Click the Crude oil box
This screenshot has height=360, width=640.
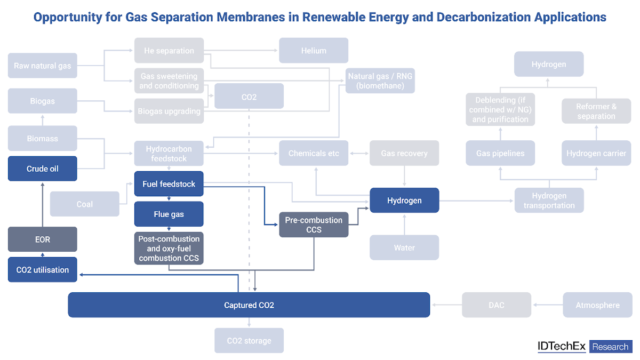tap(43, 169)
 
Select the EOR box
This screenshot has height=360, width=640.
tap(43, 239)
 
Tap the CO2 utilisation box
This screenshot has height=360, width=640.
tap(43, 270)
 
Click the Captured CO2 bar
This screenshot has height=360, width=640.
tap(249, 305)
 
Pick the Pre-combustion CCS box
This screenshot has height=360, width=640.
tap(314, 225)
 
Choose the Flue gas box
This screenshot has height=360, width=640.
tap(169, 214)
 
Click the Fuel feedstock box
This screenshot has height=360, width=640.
tap(169, 184)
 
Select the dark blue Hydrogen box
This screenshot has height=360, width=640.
tap(404, 201)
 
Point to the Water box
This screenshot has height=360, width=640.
tap(404, 247)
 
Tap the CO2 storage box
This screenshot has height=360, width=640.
tap(249, 341)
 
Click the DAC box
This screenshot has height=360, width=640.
tap(497, 305)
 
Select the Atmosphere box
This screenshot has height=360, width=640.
tap(597, 305)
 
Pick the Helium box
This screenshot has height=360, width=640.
tap(314, 51)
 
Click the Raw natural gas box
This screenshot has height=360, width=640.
tap(43, 66)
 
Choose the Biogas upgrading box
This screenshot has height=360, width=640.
tap(169, 111)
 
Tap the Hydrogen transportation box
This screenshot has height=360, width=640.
tap(549, 201)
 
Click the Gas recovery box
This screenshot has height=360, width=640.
tap(404, 153)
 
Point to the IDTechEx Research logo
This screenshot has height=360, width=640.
tap(585, 347)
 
